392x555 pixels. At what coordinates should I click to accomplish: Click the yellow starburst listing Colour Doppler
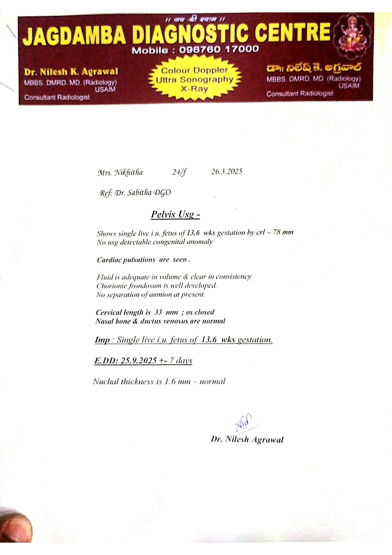point(194,79)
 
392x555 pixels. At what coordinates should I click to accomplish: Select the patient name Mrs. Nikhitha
point(120,172)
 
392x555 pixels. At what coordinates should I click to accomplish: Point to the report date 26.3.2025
point(227,171)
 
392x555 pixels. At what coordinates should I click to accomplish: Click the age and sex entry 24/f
point(179,172)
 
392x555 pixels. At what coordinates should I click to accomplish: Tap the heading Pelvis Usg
point(175,214)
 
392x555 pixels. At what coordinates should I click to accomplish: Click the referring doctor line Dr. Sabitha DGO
point(143,193)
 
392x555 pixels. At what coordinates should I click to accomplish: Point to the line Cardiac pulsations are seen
point(143,260)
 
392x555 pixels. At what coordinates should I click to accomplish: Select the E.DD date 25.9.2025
point(139,360)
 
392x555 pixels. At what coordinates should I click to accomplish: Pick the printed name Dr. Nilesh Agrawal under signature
point(247,439)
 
